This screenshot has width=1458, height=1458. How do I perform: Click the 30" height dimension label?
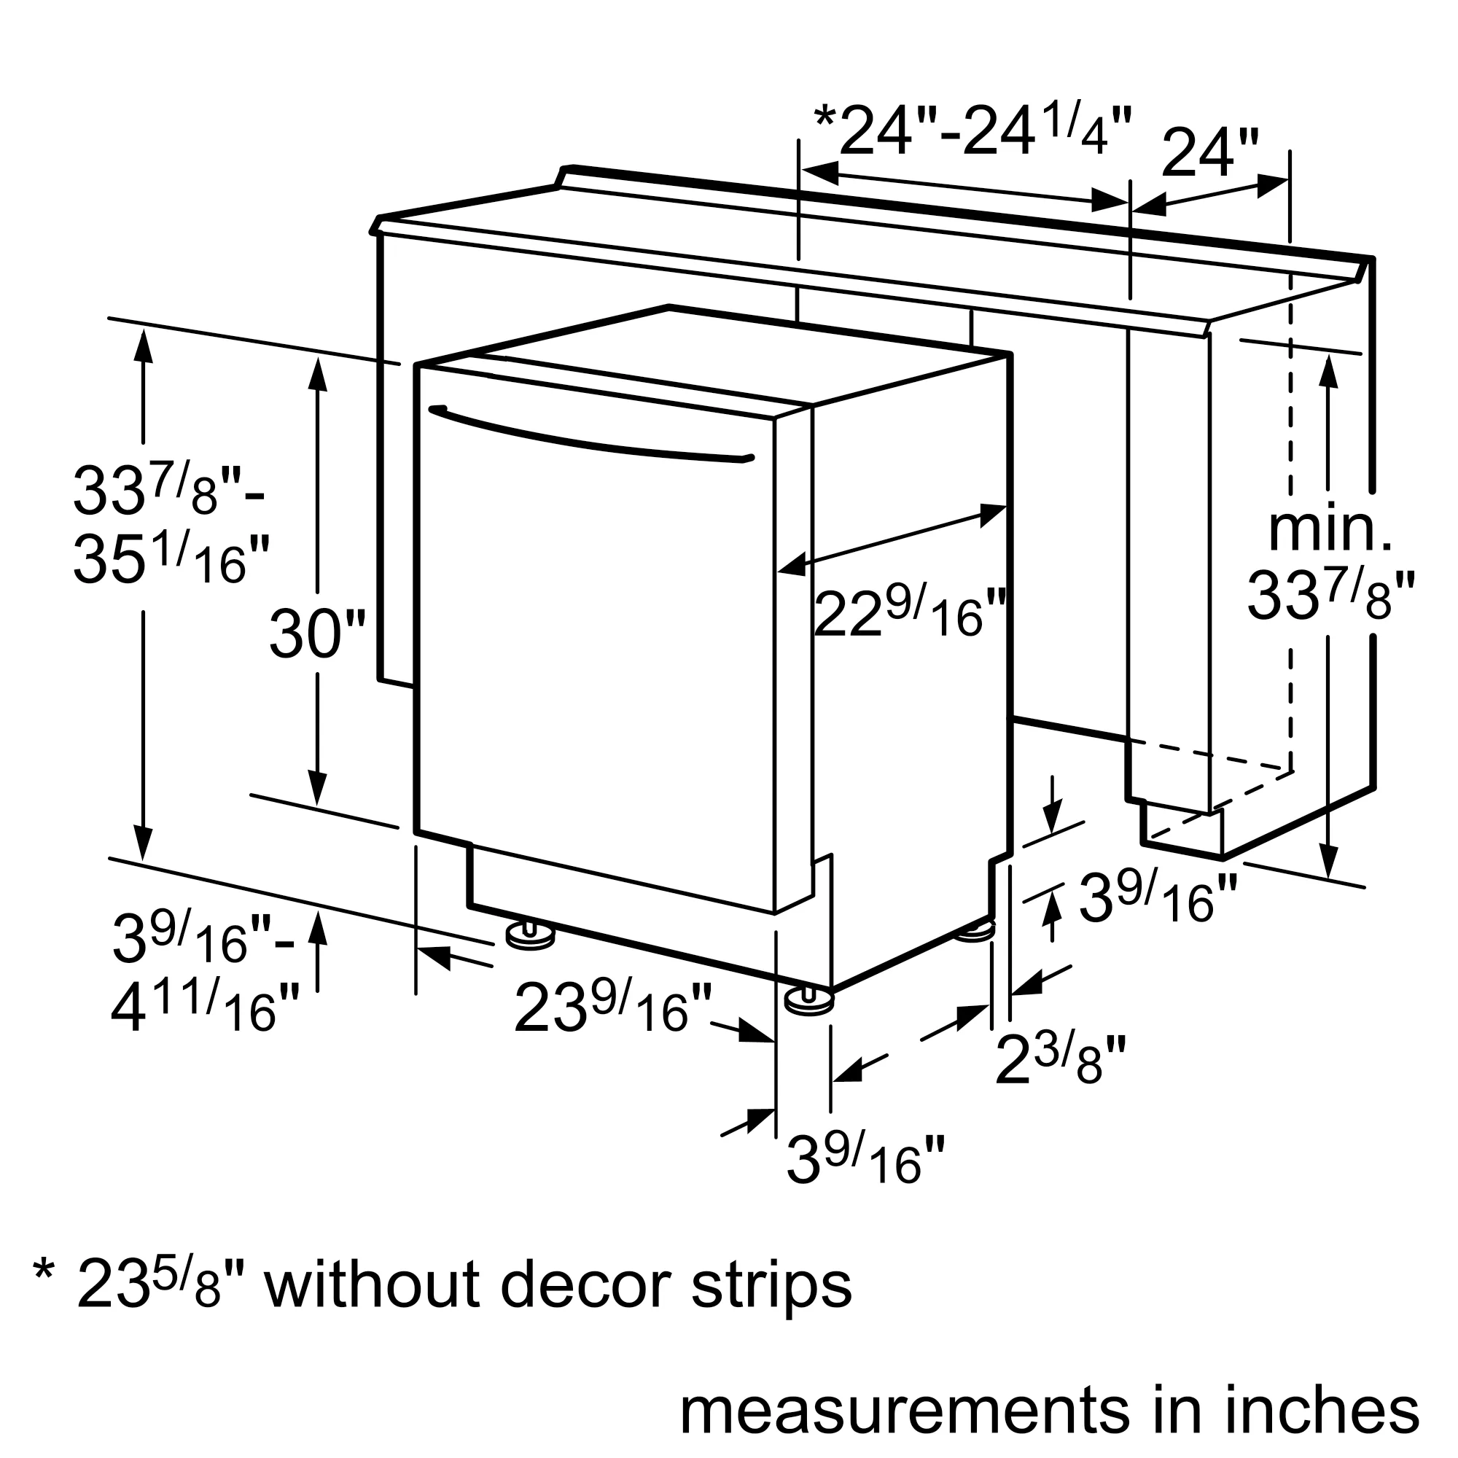click(317, 634)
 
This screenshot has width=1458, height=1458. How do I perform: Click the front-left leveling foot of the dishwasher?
click(531, 937)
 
